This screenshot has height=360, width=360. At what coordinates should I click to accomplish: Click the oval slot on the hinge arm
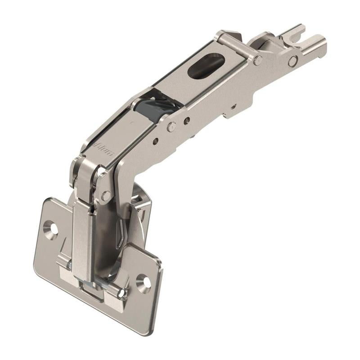[x=206, y=66]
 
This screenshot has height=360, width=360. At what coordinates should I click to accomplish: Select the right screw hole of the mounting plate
[x=144, y=282]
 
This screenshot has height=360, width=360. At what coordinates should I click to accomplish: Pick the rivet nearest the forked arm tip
[x=293, y=61]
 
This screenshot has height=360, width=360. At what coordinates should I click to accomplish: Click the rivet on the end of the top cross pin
[x=258, y=60]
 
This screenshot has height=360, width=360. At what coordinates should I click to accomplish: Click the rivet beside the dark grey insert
[x=171, y=126]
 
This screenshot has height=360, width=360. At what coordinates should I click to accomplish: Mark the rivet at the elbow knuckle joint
[x=106, y=195]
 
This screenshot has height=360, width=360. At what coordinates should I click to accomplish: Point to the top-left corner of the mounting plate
[x=48, y=200]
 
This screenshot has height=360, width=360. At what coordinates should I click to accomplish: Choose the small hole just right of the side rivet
[x=186, y=120]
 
